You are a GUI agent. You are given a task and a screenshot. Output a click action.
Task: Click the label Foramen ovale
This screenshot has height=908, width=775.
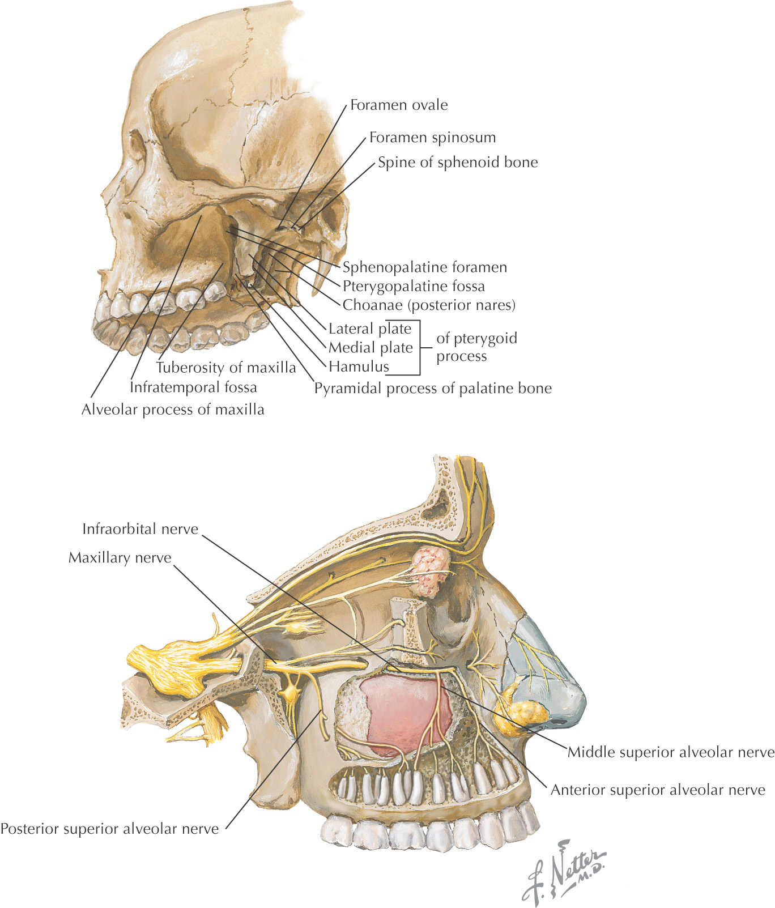(x=399, y=105)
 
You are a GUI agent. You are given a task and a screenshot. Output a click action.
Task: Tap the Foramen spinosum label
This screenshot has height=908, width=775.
(x=432, y=137)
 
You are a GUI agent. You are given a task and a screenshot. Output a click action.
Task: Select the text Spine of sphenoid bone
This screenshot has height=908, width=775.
(x=458, y=163)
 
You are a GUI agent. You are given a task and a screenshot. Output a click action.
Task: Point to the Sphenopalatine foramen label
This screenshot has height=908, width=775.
(x=425, y=267)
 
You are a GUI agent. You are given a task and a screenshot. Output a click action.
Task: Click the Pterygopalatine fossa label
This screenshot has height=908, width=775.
(x=414, y=286)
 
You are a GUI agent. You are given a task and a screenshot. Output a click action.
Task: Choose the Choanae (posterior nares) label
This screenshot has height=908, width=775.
(x=429, y=305)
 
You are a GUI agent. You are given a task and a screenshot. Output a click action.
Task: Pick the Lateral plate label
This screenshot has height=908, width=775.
(x=370, y=329)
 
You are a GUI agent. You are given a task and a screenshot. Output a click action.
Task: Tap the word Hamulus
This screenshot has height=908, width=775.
(x=359, y=366)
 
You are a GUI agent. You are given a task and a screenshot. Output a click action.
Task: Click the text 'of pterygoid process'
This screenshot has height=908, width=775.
(x=476, y=347)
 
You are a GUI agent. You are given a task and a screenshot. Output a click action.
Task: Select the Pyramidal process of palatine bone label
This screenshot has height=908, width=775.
(x=433, y=388)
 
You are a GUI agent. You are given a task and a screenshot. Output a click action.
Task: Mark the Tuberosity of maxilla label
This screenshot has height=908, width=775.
(x=226, y=368)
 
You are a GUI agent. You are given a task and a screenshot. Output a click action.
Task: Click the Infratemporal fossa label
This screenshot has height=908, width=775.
(x=193, y=387)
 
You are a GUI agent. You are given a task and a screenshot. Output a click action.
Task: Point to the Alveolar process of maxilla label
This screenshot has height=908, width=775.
(x=173, y=410)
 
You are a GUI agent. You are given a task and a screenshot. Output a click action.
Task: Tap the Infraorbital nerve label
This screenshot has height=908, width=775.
(x=140, y=529)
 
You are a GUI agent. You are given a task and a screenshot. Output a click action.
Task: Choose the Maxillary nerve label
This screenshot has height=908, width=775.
(x=120, y=558)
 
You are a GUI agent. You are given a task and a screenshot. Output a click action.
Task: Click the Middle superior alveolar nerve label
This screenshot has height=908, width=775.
(x=671, y=752)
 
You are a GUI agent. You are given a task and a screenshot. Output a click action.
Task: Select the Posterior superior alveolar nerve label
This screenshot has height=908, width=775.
(x=109, y=829)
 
